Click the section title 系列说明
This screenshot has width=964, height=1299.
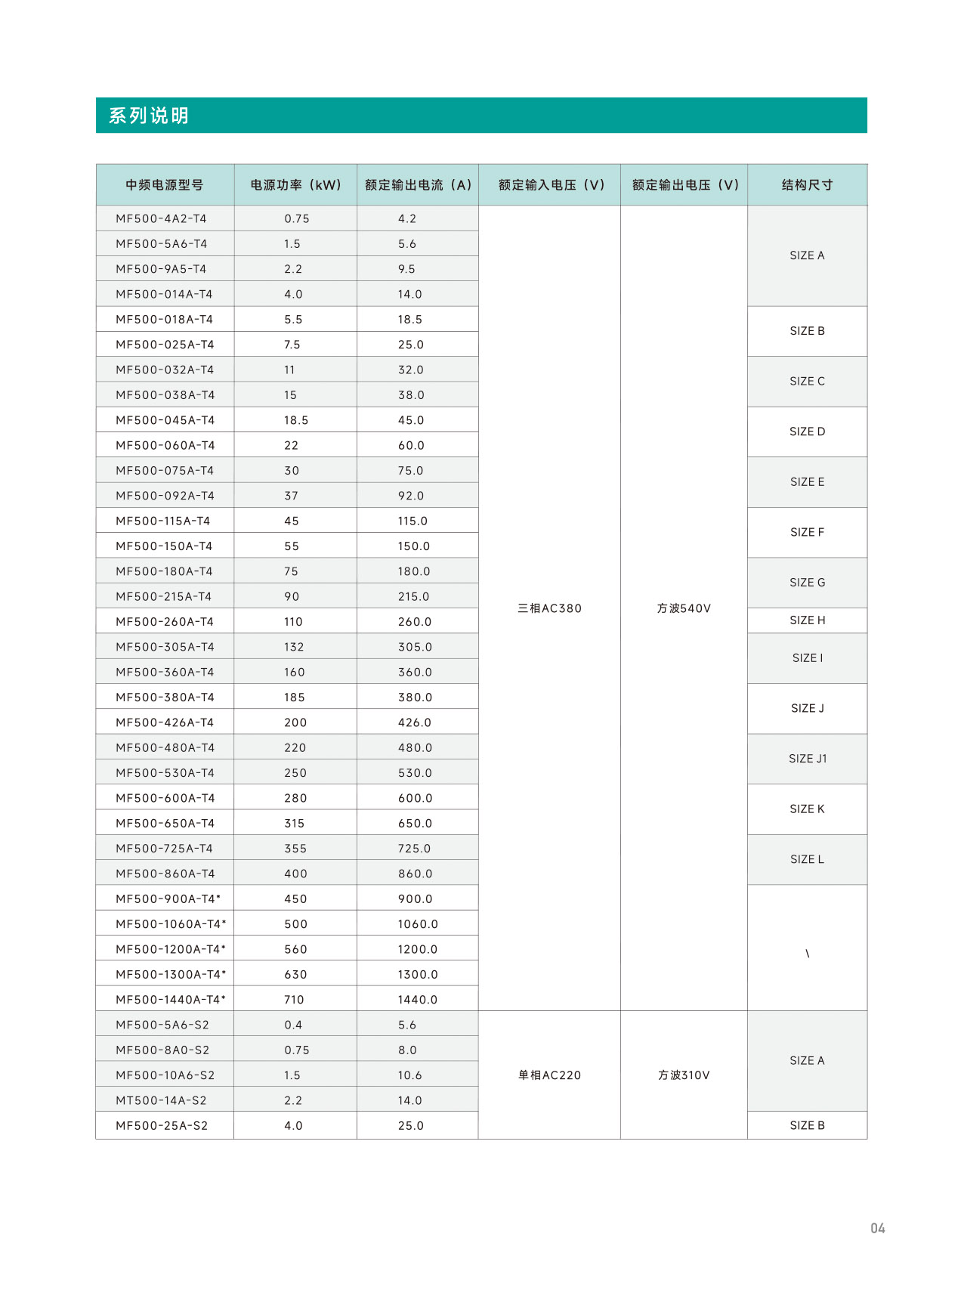point(149,116)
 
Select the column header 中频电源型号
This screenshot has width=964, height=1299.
point(164,185)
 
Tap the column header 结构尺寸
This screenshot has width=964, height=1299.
point(807,185)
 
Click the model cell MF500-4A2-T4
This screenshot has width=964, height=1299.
point(161,219)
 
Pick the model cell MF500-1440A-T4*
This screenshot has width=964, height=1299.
point(171,1000)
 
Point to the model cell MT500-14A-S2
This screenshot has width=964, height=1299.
point(161,1101)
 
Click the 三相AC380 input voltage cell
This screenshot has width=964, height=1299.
point(549,609)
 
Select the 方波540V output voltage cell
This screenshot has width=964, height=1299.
point(684,609)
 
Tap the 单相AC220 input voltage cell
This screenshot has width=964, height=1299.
point(549,1076)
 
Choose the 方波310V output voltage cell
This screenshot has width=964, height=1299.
point(684,1076)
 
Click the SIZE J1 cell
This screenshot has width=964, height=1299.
point(808,759)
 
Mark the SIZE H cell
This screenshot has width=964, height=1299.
point(807,620)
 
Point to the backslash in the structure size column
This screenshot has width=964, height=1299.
point(807,954)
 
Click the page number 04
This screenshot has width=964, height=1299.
point(877,1229)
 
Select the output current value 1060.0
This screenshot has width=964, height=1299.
point(418,924)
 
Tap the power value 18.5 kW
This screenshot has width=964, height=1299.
point(296,420)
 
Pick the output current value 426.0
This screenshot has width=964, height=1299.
point(415,723)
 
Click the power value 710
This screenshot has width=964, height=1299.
point(294,1000)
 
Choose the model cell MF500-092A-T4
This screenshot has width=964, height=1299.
point(165,496)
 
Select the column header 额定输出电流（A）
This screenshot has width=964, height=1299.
point(418,185)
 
